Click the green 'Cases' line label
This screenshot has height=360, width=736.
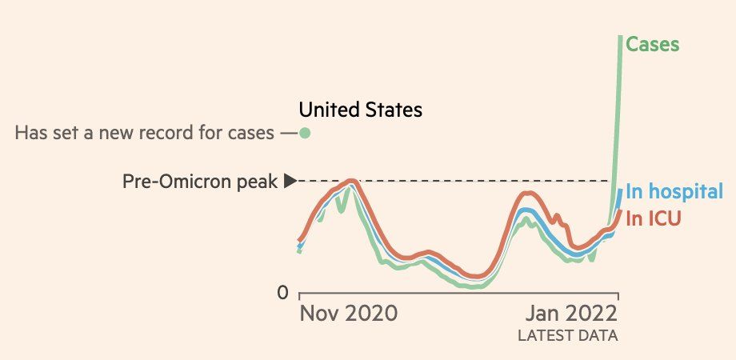coord(652,45)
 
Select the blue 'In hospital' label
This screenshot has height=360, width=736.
coord(674,192)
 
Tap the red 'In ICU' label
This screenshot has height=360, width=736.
coord(653,218)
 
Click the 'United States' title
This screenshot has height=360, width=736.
coord(360,110)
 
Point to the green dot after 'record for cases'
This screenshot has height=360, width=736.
coord(304,133)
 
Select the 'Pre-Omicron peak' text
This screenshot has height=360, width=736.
coord(200,182)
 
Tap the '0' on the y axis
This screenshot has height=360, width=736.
coord(282,294)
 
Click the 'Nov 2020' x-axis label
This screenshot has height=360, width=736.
coord(348,313)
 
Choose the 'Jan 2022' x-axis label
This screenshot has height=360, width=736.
coord(571,313)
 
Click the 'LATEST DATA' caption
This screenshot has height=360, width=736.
coord(568,334)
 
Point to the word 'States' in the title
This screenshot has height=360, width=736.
coord(393,110)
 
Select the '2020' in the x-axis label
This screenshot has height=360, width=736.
coord(373,313)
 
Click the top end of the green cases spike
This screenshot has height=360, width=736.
coord(620,38)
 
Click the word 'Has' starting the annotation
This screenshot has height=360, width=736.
coord(30,133)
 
